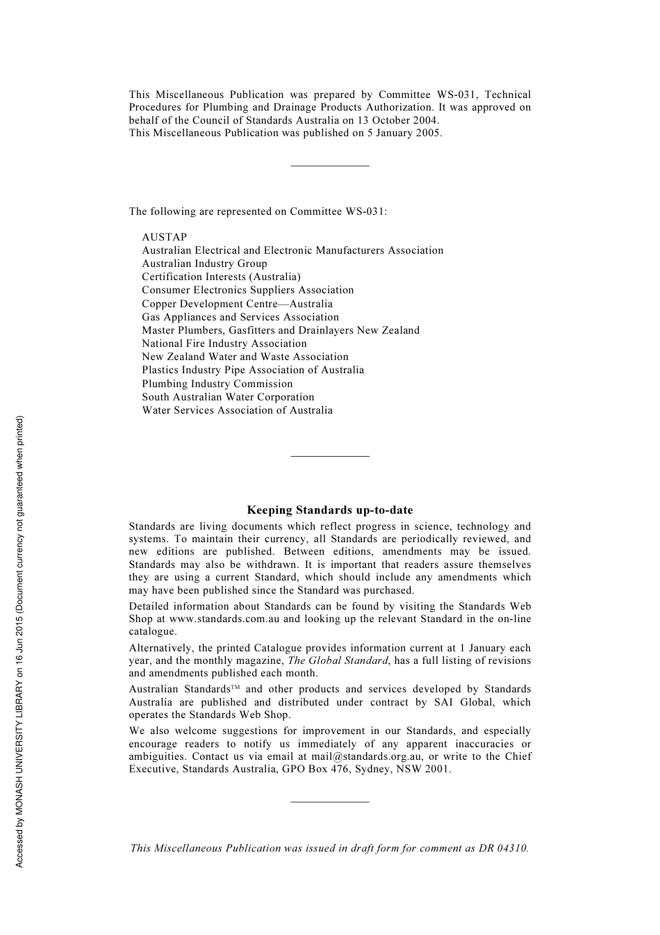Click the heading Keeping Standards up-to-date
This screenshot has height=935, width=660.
click(329, 510)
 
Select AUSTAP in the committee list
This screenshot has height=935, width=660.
click(164, 237)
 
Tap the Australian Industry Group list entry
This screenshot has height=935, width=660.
click(204, 263)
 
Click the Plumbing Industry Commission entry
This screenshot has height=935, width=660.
click(217, 384)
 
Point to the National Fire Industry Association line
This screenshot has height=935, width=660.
click(224, 343)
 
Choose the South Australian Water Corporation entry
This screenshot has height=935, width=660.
click(228, 397)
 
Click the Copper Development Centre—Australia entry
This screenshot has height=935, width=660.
click(237, 304)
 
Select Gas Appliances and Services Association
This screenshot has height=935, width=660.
click(240, 317)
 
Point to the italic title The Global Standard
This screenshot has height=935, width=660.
click(339, 660)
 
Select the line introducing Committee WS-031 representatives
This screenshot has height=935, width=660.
click(258, 211)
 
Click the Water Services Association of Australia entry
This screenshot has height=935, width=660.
click(237, 410)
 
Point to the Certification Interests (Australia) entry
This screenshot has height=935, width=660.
click(221, 277)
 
